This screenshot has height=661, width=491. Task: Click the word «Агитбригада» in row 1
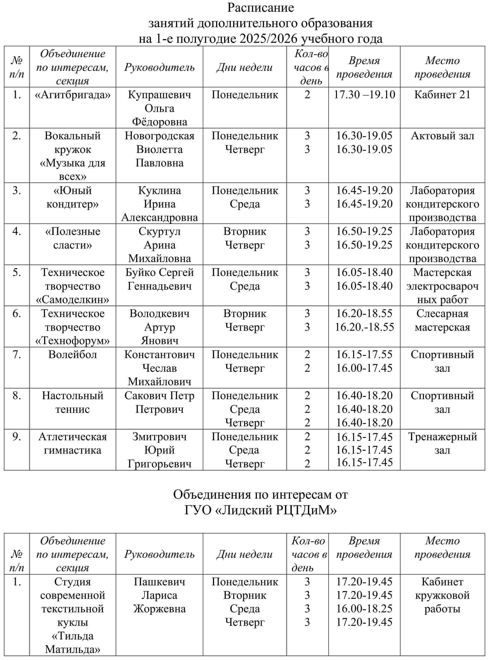click(x=73, y=95)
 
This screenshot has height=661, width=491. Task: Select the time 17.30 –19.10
click(x=364, y=95)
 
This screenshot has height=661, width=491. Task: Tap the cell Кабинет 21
click(x=442, y=95)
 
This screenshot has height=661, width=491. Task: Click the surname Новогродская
click(x=159, y=136)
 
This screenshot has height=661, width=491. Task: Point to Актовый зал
click(x=442, y=136)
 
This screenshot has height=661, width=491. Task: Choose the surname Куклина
click(x=159, y=191)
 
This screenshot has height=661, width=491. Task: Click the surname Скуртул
click(x=159, y=232)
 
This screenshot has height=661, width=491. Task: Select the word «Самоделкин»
click(x=73, y=300)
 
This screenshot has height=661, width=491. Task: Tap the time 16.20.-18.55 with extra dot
click(x=364, y=327)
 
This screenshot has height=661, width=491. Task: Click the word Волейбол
click(x=73, y=355)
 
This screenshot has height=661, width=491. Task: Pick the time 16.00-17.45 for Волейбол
click(x=364, y=368)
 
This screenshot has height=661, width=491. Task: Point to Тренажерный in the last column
click(x=442, y=437)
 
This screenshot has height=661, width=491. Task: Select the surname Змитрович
click(x=159, y=437)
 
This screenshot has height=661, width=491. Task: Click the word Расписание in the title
click(x=260, y=8)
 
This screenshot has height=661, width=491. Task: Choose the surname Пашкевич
click(x=159, y=582)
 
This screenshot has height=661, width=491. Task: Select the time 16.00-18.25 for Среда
click(x=364, y=608)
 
